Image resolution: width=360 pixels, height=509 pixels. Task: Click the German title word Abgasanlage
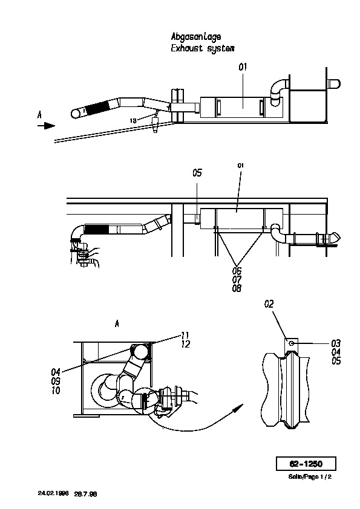tap(196, 37)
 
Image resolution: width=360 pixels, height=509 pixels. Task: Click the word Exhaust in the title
tap(187, 49)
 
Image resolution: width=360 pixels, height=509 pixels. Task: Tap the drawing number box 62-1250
tap(306, 464)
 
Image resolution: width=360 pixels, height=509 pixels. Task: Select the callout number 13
tap(133, 121)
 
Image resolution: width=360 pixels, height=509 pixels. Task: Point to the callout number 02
tap(269, 304)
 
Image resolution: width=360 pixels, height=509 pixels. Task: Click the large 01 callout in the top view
tap(243, 67)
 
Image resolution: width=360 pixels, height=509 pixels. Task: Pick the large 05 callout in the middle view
tap(197, 173)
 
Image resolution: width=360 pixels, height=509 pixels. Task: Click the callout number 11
tap(185, 335)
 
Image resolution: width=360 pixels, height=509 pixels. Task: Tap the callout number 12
tap(186, 344)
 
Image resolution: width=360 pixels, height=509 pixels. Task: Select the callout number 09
tap(56, 381)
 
